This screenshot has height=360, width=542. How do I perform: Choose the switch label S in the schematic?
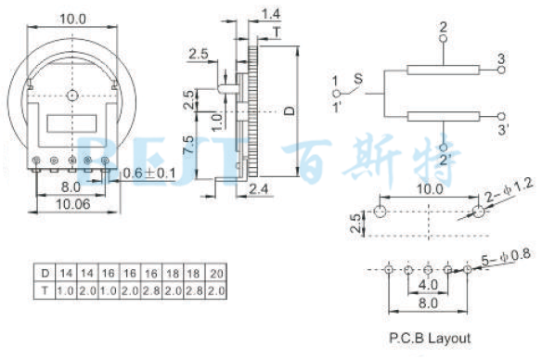pyautogui.click(x=358, y=81)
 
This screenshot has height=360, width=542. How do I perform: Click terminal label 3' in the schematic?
pyautogui.click(x=502, y=130)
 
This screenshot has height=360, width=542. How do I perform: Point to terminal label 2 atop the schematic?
pyautogui.click(x=443, y=26)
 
